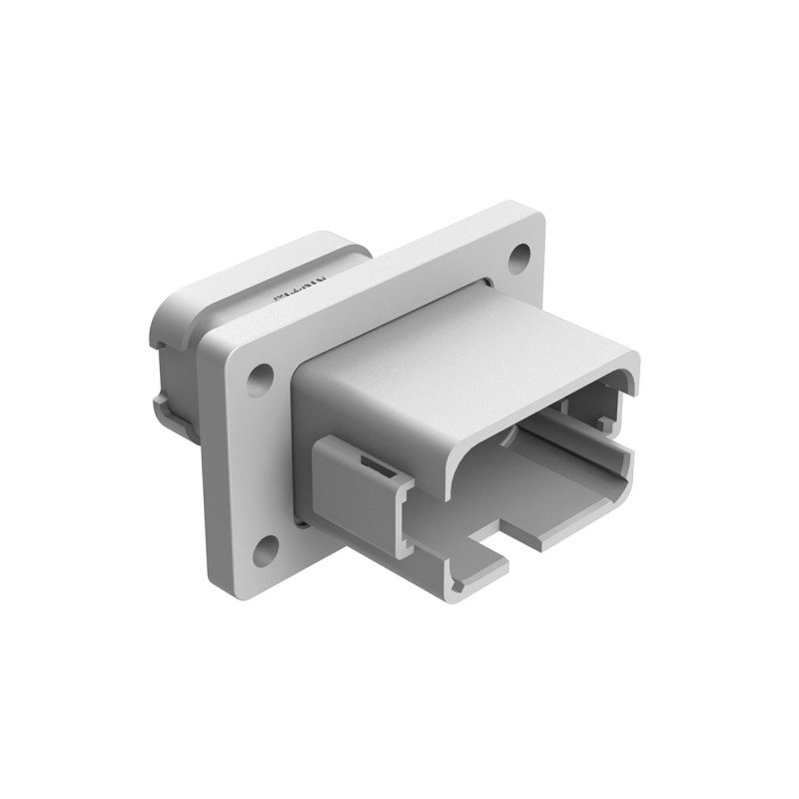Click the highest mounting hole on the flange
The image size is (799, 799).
[x=519, y=258]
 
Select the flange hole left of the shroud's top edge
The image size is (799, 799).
[x=261, y=379]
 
